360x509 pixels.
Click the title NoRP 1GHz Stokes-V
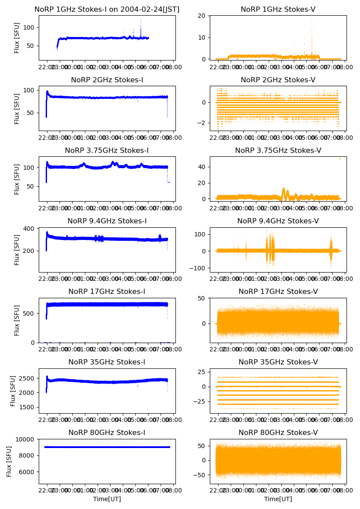click(x=278, y=10)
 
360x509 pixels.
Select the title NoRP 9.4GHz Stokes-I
click(x=107, y=221)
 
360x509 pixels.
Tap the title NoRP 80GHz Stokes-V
click(x=278, y=433)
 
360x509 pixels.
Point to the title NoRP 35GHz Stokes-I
click(x=107, y=362)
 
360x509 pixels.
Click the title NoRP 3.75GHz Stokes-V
click(x=278, y=151)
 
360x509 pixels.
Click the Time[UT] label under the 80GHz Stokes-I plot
click(x=107, y=499)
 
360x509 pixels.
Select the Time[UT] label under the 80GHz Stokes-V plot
click(x=278, y=499)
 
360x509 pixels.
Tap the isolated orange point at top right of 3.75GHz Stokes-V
click(x=340, y=158)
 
